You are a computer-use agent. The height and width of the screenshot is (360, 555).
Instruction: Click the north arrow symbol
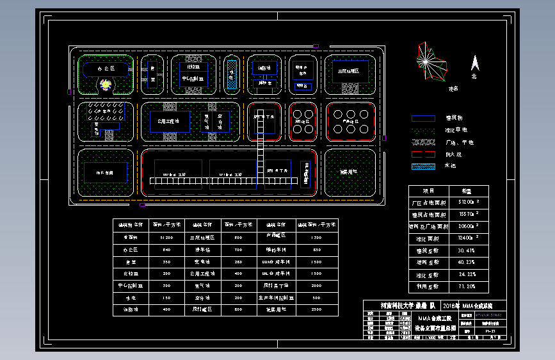pos(475,63)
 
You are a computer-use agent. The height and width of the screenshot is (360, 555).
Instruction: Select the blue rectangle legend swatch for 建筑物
pos(423,118)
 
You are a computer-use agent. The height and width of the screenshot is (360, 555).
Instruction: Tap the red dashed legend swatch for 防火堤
pos(423,154)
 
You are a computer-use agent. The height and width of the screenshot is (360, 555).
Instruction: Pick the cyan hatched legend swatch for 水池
pos(423,167)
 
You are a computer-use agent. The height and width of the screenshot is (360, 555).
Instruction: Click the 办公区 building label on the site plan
pos(106,68)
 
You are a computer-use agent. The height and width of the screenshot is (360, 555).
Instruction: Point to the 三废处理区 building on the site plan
pos(350,72)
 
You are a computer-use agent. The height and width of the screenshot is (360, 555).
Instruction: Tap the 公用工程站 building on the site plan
pos(169,120)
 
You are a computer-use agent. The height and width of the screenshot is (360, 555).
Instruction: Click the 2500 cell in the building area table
pos(316,309)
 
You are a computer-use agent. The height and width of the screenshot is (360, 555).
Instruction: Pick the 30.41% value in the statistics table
pos(467,250)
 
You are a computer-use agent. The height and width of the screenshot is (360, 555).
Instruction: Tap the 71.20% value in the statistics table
pos(467,286)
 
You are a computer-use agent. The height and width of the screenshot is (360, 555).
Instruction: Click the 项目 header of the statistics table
pos(429,191)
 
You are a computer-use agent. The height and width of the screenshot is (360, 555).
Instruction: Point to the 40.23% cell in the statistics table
pos(467,262)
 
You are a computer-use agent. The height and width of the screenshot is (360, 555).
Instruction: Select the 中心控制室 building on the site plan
pos(193,79)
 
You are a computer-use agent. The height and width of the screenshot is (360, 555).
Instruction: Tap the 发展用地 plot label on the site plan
pos(348,172)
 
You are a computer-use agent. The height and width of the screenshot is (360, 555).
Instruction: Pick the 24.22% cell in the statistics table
pos(467,274)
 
